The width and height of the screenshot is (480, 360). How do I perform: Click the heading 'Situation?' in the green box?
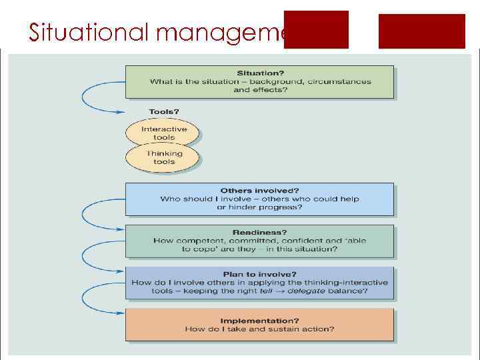(x=260, y=72)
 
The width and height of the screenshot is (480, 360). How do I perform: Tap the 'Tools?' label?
(x=163, y=111)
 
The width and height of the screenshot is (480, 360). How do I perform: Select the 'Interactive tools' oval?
(x=163, y=133)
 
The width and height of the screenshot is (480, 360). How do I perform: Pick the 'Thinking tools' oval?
(x=163, y=157)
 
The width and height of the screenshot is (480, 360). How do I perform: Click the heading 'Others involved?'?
(x=260, y=191)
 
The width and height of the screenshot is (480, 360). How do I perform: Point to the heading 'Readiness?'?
(x=260, y=232)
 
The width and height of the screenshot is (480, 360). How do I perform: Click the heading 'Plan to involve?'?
(x=260, y=274)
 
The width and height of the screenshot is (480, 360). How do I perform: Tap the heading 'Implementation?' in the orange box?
(x=260, y=320)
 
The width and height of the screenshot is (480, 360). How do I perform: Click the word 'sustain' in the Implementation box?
(x=275, y=329)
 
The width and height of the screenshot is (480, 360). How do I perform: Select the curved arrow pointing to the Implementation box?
(x=90, y=300)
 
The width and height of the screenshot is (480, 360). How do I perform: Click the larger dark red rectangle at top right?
(x=421, y=31)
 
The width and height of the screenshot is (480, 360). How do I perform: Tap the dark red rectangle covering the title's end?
(x=316, y=30)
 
